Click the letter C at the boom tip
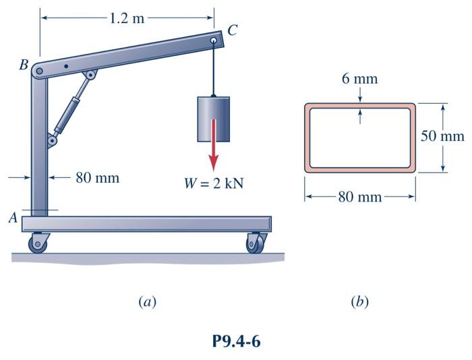click(x=233, y=30)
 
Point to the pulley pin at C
click(x=214, y=41)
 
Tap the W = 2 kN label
click(x=213, y=183)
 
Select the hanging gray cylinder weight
click(x=214, y=119)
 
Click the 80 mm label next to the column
click(x=96, y=178)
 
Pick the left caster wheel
click(x=38, y=243)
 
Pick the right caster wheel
click(x=255, y=243)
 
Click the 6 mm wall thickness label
click(x=359, y=79)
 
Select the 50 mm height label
click(x=443, y=136)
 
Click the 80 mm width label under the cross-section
click(x=359, y=197)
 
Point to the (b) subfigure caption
click(x=359, y=301)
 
